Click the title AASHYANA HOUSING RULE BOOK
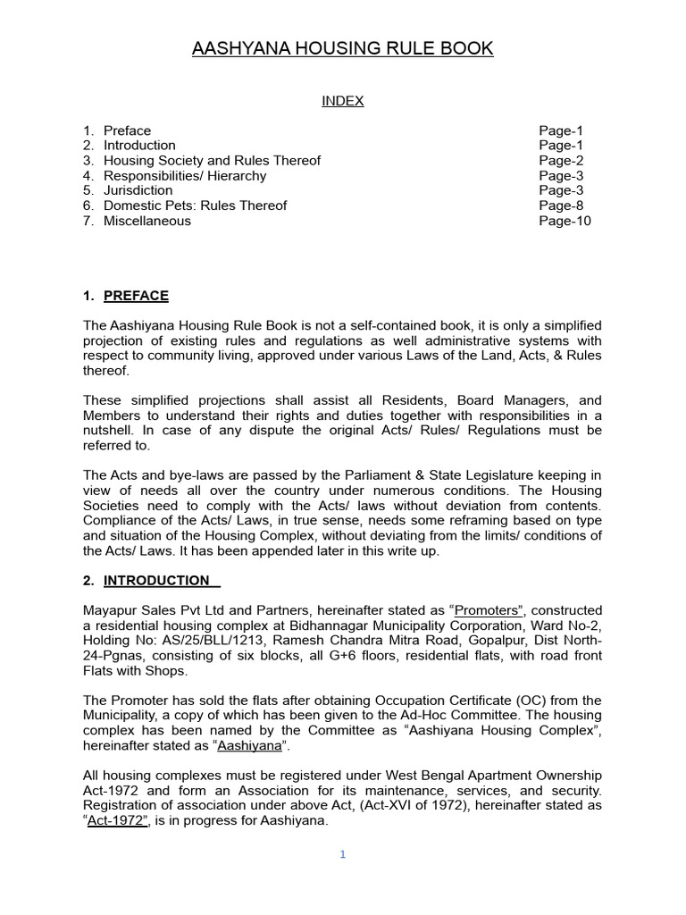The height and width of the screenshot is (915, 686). click(343, 48)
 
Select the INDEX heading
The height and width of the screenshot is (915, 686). click(343, 101)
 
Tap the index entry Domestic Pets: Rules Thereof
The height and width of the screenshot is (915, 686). click(195, 206)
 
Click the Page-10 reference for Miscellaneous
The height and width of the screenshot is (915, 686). click(565, 221)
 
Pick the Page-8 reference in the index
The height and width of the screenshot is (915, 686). click(561, 206)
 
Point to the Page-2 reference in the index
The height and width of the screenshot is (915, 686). click(561, 160)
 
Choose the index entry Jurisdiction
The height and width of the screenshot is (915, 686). click(138, 190)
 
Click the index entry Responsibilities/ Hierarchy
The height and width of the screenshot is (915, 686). click(185, 175)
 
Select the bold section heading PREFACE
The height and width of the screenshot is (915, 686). click(136, 296)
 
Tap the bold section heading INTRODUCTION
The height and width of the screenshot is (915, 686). click(158, 580)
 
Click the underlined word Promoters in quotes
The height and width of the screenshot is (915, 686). click(487, 610)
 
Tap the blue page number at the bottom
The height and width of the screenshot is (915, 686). click(342, 854)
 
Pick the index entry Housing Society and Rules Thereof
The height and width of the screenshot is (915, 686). click(212, 160)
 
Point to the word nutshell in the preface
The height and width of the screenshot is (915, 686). click(111, 430)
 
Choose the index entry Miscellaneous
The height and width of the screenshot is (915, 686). click(146, 221)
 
